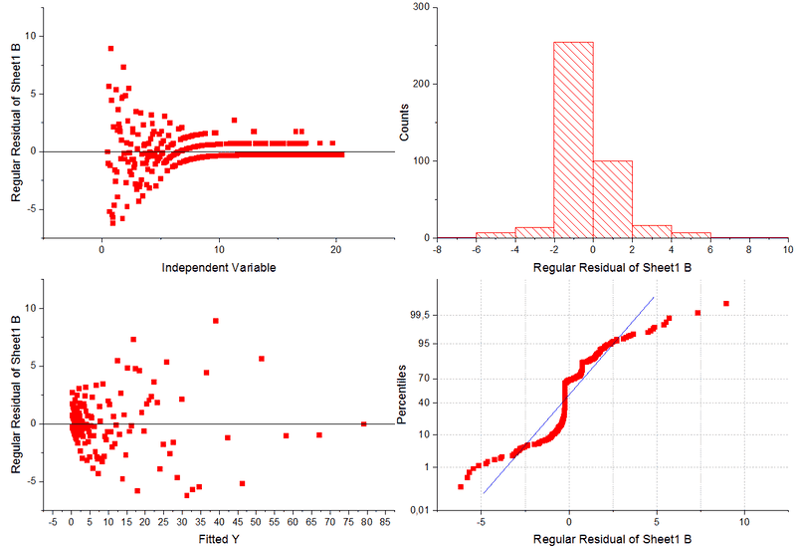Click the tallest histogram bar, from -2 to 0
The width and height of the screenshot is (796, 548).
(x=573, y=139)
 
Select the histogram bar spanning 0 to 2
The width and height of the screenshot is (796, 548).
(x=612, y=198)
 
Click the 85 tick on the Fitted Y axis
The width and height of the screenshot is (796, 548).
(x=384, y=521)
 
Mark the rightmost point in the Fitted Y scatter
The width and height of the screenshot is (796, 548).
(x=364, y=423)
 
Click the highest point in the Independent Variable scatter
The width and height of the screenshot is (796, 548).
(x=110, y=48)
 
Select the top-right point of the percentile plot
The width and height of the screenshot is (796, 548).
(x=726, y=303)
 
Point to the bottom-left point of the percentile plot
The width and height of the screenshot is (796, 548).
(x=461, y=486)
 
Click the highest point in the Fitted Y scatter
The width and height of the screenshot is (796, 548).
(x=215, y=321)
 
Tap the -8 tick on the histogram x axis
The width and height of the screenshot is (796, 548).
(x=437, y=250)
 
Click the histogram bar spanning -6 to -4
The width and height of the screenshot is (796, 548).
(x=496, y=235)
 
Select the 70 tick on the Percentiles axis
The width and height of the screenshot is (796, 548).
(x=423, y=378)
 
